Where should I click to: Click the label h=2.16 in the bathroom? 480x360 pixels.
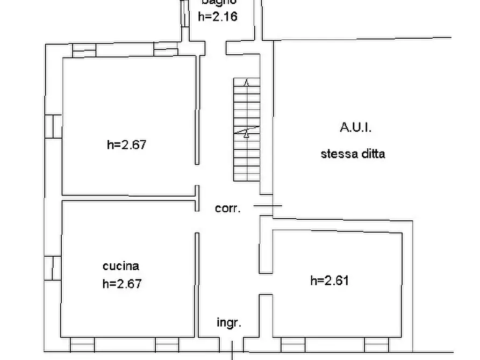click(x=218, y=16)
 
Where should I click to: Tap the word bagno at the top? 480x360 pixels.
click(x=218, y=2)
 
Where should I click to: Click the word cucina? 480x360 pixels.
click(x=121, y=266)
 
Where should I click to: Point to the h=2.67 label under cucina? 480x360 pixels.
click(x=122, y=283)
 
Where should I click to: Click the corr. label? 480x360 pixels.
click(x=228, y=208)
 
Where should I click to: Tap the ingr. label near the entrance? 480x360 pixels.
click(x=229, y=322)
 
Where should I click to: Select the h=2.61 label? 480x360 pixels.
click(x=329, y=280)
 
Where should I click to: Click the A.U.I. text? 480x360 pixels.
click(x=355, y=128)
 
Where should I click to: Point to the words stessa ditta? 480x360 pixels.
click(x=353, y=154)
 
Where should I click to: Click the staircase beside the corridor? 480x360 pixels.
click(x=247, y=129)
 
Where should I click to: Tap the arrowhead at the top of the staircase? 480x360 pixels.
click(x=247, y=83)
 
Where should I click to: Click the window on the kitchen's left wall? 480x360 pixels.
click(x=53, y=268)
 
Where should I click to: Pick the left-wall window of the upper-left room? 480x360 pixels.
click(x=53, y=126)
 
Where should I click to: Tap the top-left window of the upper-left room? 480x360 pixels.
click(x=84, y=51)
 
